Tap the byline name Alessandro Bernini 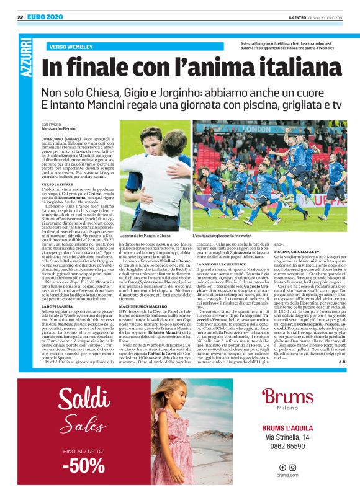[x=63, y=128]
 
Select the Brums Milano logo [x=287, y=399]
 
